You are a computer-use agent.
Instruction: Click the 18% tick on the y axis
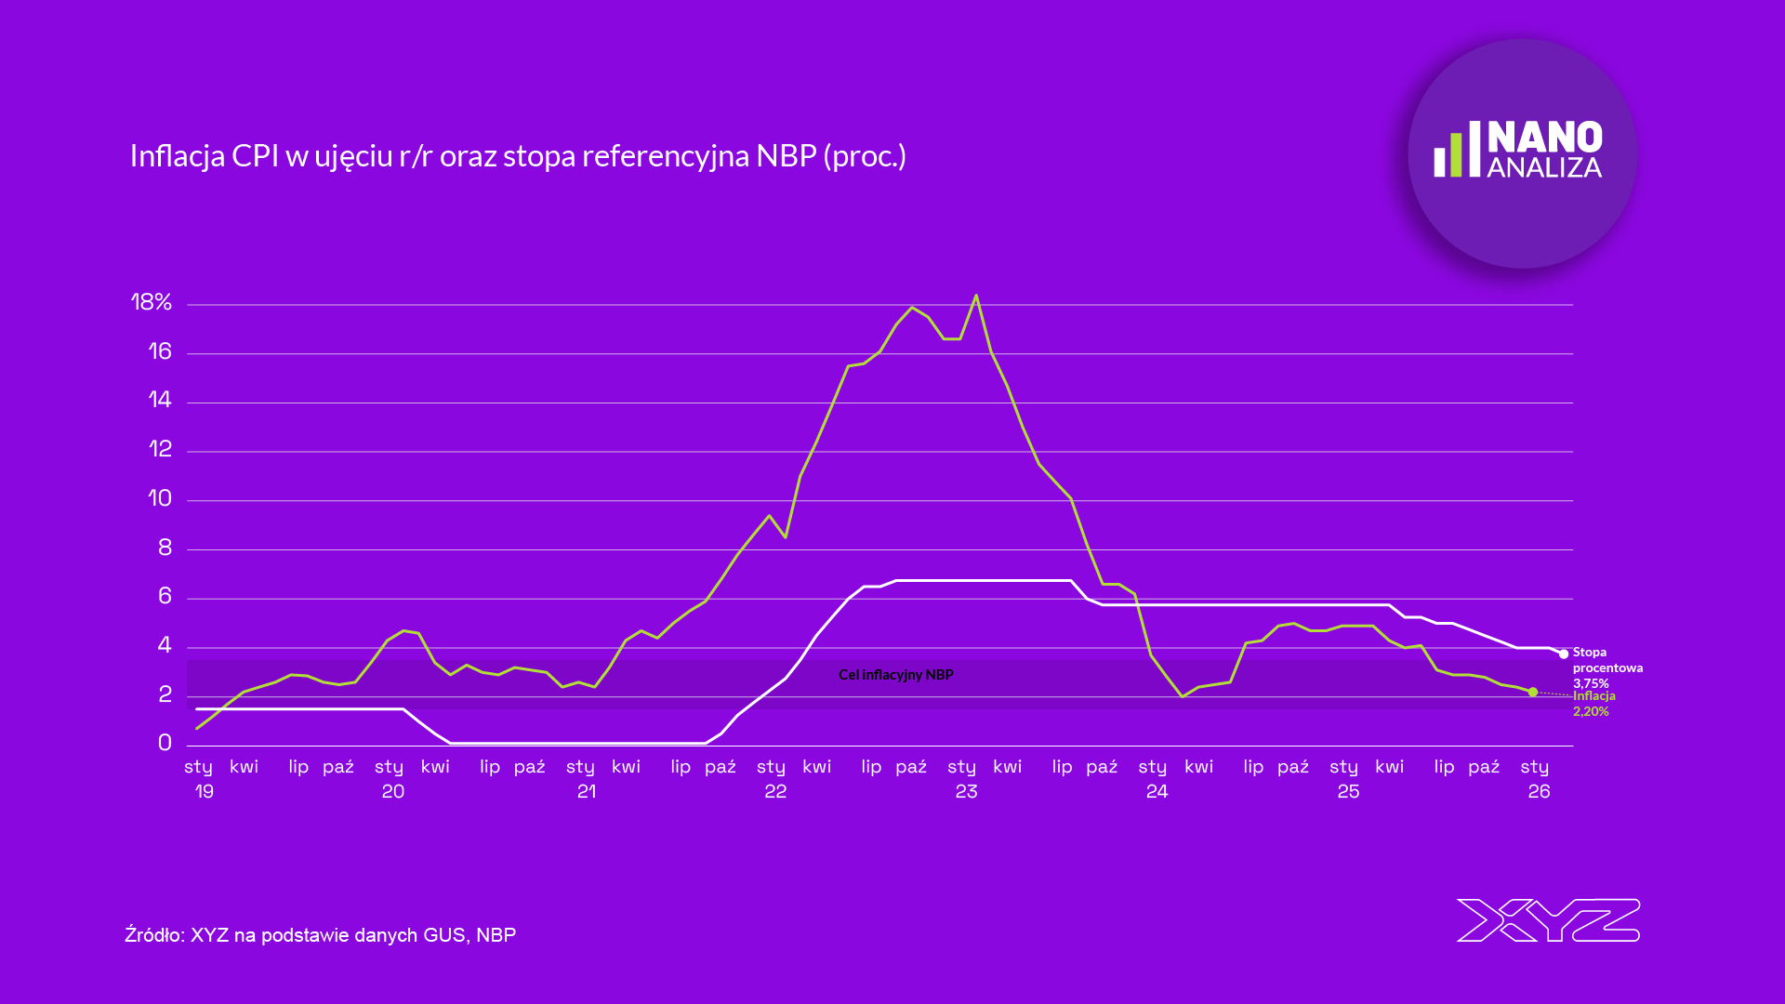[152, 302]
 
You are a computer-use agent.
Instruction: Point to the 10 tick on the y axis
[160, 498]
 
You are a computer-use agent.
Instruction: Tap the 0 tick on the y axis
[165, 743]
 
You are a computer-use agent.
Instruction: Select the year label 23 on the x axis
[966, 791]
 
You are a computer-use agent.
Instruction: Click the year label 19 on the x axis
[205, 791]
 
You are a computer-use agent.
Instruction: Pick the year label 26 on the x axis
[1539, 791]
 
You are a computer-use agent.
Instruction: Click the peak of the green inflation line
[975, 296]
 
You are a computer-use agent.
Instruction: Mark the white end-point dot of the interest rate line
[1564, 654]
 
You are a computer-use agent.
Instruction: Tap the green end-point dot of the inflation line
[1533, 692]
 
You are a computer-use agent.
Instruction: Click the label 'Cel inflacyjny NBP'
[895, 675]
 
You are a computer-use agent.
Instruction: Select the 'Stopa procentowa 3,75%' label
[1606, 667]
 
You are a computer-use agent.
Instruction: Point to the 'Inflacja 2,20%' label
[1593, 704]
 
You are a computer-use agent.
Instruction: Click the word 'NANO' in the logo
[1544, 138]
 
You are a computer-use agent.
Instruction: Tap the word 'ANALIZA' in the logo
[1544, 168]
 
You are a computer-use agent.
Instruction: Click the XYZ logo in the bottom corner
[1548, 920]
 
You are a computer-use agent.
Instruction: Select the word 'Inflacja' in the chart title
[178, 156]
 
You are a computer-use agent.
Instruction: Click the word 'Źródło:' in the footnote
[154, 935]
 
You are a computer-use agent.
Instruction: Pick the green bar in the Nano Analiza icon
[1457, 154]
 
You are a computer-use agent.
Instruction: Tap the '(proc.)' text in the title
[865, 156]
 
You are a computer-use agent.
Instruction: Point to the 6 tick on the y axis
[165, 596]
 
